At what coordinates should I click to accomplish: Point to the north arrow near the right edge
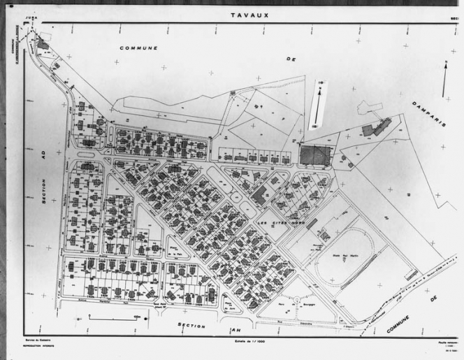444,79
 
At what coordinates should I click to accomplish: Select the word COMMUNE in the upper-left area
138,48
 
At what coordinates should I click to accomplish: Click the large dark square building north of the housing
314,155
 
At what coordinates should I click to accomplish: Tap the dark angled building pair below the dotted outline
376,129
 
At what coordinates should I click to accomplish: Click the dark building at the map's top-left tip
43,45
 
